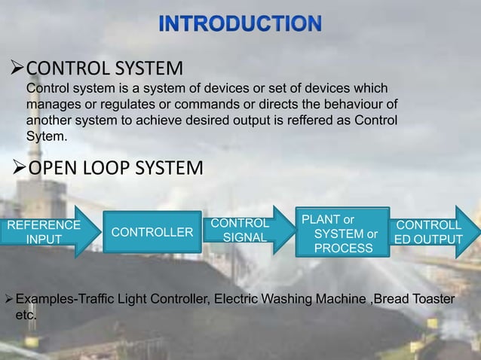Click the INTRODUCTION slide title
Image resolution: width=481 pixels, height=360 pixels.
point(240,23)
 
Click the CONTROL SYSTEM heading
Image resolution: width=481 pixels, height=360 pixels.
point(105,69)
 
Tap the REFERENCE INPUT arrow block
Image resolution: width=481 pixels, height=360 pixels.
point(44,232)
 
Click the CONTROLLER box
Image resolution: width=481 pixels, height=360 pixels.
point(152,232)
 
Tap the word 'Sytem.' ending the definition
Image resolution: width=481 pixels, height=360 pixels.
point(47,137)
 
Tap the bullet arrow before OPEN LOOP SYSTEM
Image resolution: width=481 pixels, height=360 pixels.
point(20,167)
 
